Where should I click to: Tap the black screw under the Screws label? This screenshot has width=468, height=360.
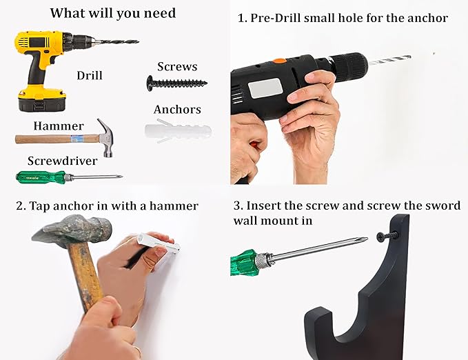click(176, 82)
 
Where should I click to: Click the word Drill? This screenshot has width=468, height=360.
click(89, 74)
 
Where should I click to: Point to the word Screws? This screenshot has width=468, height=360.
click(177, 66)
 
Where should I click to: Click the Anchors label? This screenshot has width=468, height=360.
click(177, 110)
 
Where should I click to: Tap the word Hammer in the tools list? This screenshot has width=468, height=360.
click(59, 126)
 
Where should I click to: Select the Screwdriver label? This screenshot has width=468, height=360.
click(61, 161)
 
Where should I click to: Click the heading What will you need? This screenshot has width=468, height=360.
click(113, 13)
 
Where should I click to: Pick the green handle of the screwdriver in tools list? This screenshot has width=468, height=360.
click(40, 177)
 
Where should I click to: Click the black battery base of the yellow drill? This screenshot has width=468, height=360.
click(41, 103)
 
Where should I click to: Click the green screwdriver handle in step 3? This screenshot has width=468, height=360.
click(244, 262)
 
